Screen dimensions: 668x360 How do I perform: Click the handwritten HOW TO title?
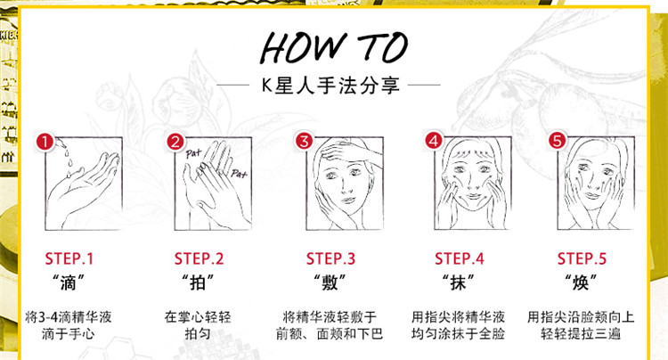point(334,47)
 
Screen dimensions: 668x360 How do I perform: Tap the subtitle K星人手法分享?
point(330,86)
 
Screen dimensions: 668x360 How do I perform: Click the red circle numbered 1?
point(45,142)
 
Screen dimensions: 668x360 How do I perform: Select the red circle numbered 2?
point(175,142)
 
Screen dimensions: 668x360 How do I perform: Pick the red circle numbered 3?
point(305,141)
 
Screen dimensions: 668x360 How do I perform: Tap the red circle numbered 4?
point(434,141)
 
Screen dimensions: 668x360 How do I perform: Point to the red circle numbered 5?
point(558,140)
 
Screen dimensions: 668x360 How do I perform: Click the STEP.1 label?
point(69,258)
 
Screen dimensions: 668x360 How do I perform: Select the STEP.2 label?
point(199,258)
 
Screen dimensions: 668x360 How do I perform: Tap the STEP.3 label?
point(330,258)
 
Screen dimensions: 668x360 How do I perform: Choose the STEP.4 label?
point(460,258)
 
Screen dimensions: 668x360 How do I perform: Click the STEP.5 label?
point(582,258)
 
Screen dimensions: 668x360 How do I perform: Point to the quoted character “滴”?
point(69,282)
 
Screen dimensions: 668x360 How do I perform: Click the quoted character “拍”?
point(198,282)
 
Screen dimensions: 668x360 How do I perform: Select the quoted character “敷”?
point(330,282)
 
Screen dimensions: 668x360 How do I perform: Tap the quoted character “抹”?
point(459,282)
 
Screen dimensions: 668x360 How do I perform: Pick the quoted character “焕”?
point(581,282)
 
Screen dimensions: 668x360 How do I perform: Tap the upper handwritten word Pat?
point(193,153)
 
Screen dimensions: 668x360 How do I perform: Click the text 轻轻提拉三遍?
point(581,333)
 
